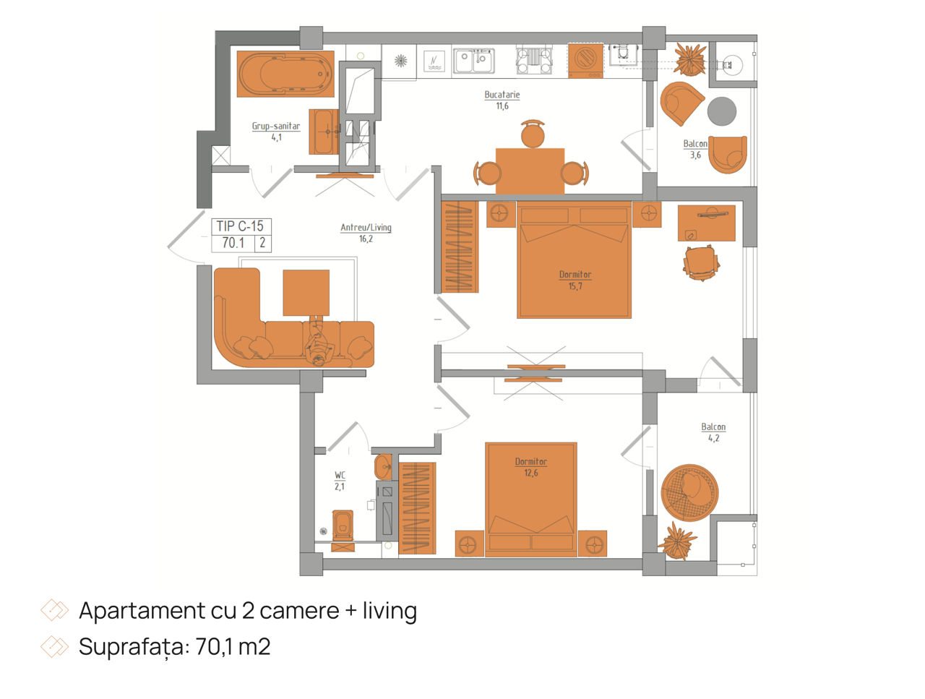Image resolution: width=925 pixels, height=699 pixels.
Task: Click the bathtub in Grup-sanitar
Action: click(285, 74)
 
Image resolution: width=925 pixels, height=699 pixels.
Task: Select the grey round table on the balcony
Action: click(721, 111)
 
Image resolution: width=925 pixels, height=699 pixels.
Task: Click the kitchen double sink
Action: click(473, 61)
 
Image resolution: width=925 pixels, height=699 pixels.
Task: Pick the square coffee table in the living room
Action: click(306, 293)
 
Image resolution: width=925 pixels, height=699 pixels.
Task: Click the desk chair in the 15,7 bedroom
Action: click(701, 263)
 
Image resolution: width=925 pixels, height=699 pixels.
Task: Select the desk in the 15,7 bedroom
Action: click(706, 223)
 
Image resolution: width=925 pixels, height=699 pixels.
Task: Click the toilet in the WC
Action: click(343, 525)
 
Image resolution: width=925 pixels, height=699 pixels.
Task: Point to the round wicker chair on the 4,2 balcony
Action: click(689, 492)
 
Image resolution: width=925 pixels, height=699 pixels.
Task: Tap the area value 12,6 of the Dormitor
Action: click(531, 473)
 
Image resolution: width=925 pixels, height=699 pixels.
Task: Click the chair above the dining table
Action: click(533, 134)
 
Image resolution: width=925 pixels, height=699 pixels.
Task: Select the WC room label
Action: click(340, 475)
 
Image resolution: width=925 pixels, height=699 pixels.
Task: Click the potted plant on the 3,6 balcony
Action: click(690, 59)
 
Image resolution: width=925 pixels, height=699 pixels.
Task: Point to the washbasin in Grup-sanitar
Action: click(324, 132)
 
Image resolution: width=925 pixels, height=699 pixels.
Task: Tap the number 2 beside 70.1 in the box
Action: click(262, 243)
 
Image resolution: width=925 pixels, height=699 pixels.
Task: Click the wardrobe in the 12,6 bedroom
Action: click(417, 507)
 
